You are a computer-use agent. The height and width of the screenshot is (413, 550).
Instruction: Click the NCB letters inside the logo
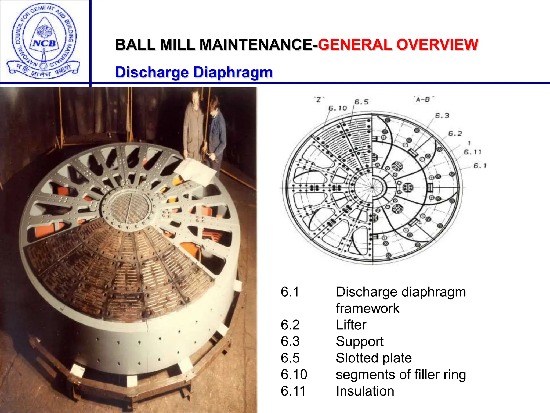(44, 43)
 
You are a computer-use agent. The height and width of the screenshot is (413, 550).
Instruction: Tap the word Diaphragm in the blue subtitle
(233, 72)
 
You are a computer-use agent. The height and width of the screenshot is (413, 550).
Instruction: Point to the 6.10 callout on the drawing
(338, 108)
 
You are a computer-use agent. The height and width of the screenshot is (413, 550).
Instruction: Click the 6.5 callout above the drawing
(361, 102)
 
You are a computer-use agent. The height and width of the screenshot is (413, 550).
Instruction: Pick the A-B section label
(423, 99)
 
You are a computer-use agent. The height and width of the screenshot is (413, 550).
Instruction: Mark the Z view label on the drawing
(319, 99)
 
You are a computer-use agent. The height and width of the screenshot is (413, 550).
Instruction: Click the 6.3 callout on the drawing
(442, 116)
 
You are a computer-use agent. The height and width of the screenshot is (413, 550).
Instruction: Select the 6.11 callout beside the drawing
(473, 152)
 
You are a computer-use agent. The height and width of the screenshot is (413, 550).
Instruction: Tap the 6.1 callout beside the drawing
(480, 166)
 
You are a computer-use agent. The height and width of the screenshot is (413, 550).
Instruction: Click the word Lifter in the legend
(351, 325)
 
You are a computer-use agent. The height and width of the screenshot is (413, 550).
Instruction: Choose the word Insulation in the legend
(365, 391)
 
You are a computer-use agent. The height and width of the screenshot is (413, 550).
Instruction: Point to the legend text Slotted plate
(374, 358)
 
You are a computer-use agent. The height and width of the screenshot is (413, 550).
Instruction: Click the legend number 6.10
(294, 375)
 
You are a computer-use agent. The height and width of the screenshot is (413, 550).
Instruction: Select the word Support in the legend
(360, 341)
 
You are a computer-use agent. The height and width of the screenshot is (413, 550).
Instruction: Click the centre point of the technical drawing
(372, 187)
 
